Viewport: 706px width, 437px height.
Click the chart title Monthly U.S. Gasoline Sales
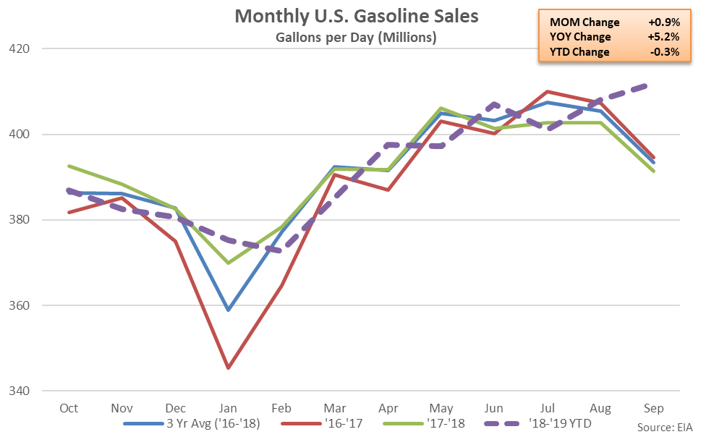(x=356, y=16)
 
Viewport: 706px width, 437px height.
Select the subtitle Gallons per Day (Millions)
(x=356, y=37)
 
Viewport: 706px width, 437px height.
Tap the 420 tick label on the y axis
(x=19, y=48)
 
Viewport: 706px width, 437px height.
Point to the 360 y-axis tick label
(x=19, y=305)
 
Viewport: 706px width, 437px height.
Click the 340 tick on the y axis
(x=19, y=391)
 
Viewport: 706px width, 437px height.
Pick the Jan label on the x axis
(x=228, y=408)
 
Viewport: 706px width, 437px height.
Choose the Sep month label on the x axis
(x=653, y=408)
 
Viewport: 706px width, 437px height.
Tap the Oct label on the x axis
(x=69, y=408)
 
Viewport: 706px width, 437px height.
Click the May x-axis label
(x=441, y=408)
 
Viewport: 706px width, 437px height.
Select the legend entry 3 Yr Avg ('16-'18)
(x=192, y=423)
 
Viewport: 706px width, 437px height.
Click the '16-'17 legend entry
(x=321, y=423)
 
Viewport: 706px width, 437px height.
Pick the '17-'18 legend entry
(x=424, y=423)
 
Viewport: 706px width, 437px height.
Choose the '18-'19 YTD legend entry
(x=537, y=423)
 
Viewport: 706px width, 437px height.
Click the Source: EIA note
(x=665, y=428)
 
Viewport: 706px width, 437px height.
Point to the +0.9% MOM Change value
(x=664, y=22)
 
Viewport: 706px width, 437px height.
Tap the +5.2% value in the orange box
(x=663, y=37)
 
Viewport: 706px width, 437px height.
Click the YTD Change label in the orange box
(x=579, y=52)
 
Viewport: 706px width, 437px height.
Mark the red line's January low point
(x=229, y=368)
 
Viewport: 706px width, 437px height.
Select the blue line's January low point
(x=229, y=310)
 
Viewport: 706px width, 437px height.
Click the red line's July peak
(x=548, y=91)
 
